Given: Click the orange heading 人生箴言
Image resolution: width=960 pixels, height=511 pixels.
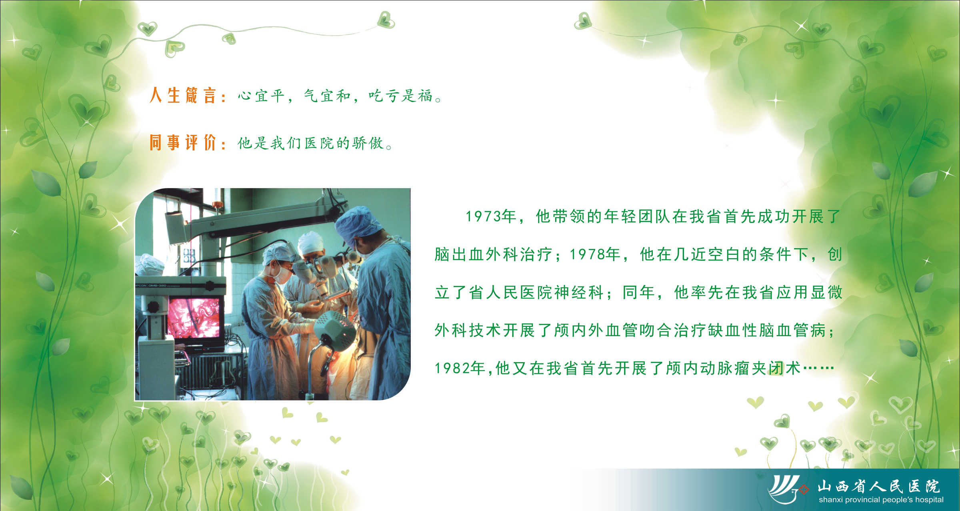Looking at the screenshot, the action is click(x=183, y=96).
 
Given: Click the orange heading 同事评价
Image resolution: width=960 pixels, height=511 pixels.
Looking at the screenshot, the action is click(x=183, y=142).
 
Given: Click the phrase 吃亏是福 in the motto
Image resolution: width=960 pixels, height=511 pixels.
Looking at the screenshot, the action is click(x=401, y=96).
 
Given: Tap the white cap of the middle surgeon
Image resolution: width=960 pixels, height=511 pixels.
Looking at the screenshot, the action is click(x=310, y=242).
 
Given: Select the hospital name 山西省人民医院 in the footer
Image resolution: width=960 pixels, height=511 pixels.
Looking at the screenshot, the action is click(x=878, y=487).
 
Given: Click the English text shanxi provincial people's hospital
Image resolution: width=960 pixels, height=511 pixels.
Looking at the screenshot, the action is click(x=881, y=500).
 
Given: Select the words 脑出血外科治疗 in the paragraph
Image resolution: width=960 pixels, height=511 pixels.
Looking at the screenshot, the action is click(x=494, y=254).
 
